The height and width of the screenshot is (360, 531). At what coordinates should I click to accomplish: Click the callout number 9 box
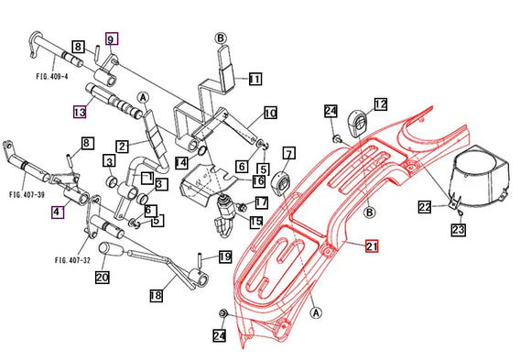click(x=111, y=39)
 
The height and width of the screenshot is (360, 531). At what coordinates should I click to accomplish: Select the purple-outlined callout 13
click(x=80, y=113)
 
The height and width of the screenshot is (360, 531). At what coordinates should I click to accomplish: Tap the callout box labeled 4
click(x=58, y=213)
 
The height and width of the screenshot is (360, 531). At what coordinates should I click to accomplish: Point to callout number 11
click(x=255, y=79)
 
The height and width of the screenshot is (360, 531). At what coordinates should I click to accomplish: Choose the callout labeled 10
click(x=270, y=114)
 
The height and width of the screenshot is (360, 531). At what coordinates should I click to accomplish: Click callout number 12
click(x=380, y=104)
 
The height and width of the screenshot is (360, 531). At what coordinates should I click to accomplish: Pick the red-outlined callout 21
click(x=372, y=246)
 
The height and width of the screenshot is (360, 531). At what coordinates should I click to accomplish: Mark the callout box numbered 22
click(x=426, y=208)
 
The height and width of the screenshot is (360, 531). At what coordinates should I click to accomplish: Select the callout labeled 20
click(x=102, y=278)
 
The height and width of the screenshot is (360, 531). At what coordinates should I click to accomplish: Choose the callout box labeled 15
click(x=256, y=221)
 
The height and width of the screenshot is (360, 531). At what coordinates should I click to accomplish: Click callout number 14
click(x=182, y=162)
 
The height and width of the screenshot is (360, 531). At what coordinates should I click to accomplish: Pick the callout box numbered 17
click(x=261, y=202)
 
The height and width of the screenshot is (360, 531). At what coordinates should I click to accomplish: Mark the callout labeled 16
click(x=259, y=182)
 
